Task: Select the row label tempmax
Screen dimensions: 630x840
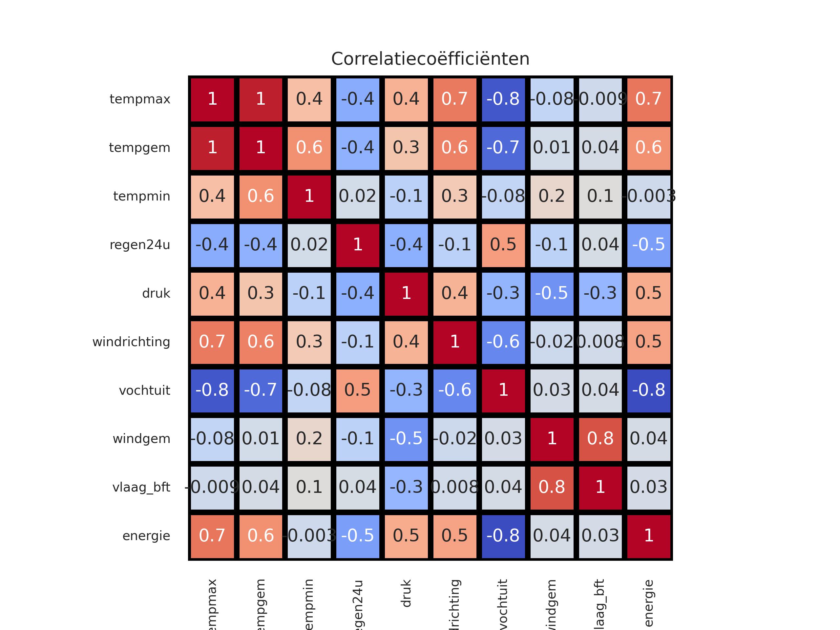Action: (x=140, y=99)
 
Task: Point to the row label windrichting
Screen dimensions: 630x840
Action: (x=131, y=342)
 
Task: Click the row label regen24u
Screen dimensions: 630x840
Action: (x=140, y=245)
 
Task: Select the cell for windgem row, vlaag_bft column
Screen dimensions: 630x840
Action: (x=600, y=439)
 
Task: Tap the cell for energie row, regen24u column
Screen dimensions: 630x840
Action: (x=357, y=536)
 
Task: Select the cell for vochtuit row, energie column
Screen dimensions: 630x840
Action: (x=649, y=390)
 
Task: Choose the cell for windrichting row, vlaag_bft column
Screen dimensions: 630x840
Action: (x=600, y=342)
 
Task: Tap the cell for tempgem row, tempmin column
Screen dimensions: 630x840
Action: (x=309, y=148)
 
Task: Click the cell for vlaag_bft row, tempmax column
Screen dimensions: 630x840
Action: (x=212, y=488)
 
